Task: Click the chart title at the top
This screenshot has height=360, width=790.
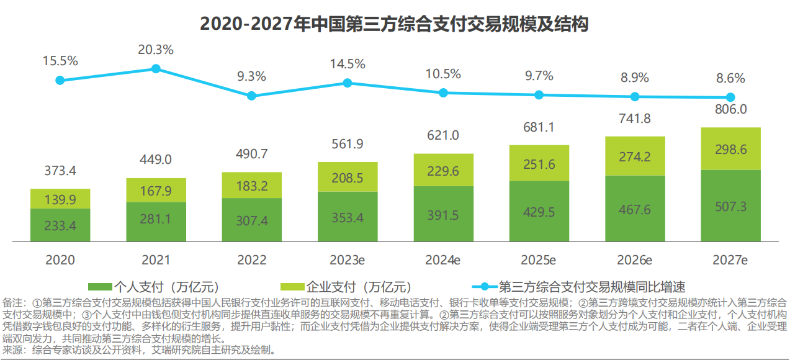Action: click(394, 24)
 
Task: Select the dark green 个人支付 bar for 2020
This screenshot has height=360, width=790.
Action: click(60, 225)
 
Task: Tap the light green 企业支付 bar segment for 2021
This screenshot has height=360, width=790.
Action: click(156, 190)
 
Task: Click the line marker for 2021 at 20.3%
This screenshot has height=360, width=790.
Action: click(156, 68)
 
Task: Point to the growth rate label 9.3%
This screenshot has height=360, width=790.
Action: click(251, 76)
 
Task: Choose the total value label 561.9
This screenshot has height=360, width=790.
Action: click(348, 144)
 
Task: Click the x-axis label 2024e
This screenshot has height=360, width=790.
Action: click(443, 259)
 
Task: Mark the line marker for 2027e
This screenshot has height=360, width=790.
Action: click(730, 97)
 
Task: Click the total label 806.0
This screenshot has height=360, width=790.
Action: click(730, 109)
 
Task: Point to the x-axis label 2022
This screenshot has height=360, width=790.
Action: click(251, 259)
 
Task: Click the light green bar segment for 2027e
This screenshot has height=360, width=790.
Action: click(730, 148)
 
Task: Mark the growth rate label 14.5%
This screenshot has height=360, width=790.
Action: click(348, 63)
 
